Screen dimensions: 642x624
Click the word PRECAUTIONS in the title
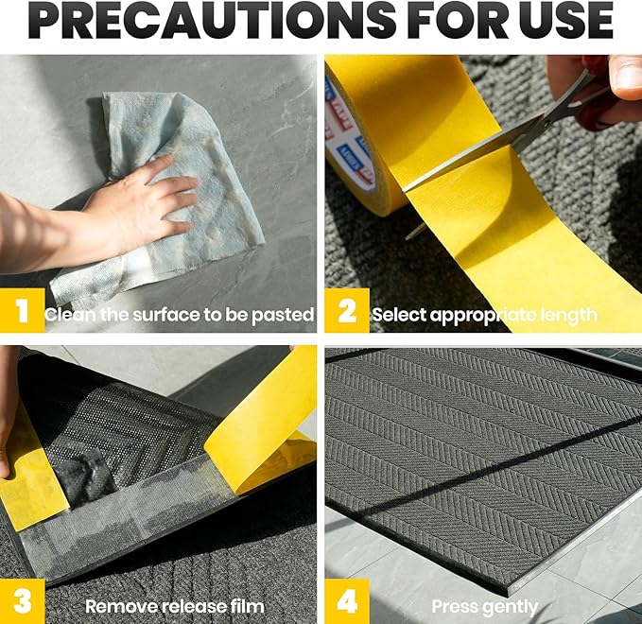(x=212, y=20)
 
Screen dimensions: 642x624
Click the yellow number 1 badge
(x=22, y=310)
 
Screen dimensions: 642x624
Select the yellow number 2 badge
(x=347, y=310)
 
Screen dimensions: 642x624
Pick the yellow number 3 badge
(x=22, y=601)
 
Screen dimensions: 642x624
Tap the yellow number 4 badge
(x=347, y=601)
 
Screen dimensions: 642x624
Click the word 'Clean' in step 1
(x=70, y=315)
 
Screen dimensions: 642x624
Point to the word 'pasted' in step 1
(x=283, y=315)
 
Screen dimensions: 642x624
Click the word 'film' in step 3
(x=248, y=606)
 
